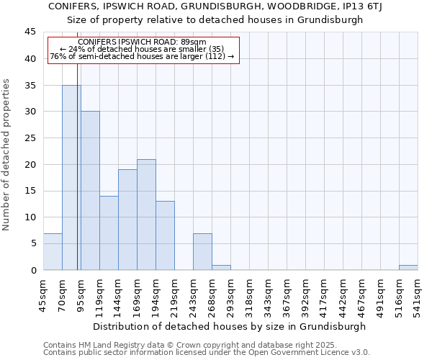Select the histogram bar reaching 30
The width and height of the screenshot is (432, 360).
(90, 191)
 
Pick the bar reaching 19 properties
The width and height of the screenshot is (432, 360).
(127, 220)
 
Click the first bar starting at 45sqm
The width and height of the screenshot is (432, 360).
(53, 252)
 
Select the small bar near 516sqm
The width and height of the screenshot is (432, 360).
(408, 268)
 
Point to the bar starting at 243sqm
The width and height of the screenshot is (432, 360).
(202, 252)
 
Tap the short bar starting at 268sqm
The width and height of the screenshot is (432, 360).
(221, 268)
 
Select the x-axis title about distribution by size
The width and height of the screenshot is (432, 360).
(230, 326)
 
